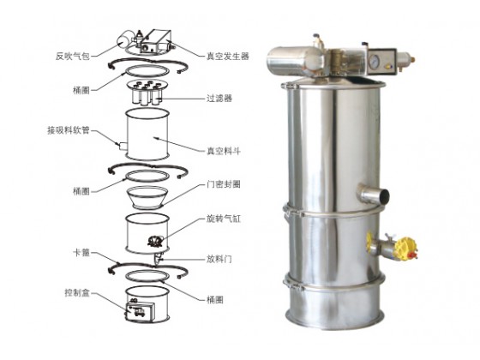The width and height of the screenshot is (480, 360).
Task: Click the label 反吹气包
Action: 73,57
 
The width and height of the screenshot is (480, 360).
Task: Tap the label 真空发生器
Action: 227,57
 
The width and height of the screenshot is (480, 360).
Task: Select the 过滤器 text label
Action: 219,99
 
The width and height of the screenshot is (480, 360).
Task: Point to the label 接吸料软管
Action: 69,130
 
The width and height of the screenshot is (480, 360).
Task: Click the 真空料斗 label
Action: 224,151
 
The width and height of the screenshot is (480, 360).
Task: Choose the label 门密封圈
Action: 224,184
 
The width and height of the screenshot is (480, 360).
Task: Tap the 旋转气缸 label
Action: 224,219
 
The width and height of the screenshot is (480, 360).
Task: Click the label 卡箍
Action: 81,253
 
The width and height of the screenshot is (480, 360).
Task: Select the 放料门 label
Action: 219,260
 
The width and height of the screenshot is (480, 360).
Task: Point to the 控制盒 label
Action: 77,293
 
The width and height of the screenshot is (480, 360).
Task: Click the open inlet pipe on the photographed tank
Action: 375,194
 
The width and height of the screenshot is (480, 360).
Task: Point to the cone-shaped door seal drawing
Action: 147,197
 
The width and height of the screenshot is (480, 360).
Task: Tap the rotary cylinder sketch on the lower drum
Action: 156,241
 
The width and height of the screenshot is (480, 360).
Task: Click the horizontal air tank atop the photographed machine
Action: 295,60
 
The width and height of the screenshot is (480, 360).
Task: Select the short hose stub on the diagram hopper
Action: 123,147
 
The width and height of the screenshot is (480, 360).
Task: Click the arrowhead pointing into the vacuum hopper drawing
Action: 157,138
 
